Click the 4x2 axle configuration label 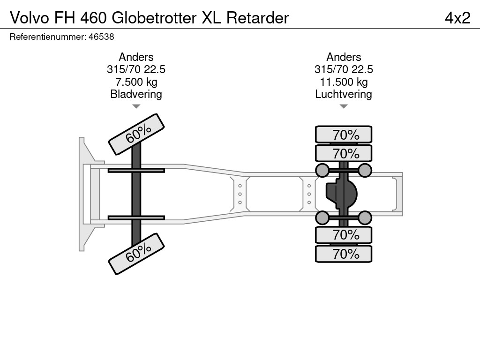point(457,18)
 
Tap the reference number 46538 point(101,37)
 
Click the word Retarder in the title point(257,18)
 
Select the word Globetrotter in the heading point(154,18)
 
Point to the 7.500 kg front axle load point(136,82)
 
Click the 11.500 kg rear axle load point(344,82)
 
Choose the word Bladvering point(136,94)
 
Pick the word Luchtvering point(344,94)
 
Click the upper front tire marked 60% point(136,135)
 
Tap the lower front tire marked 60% point(136,254)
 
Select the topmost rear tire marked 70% point(344,135)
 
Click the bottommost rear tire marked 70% point(344,254)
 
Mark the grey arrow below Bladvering point(136,106)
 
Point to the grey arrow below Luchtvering point(344,106)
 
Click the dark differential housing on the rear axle point(341,194)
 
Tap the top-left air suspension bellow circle point(322,170)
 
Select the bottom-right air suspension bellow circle point(365,217)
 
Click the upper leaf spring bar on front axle point(136,170)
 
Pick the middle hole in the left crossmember point(240,194)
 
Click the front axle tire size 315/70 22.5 point(136,69)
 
